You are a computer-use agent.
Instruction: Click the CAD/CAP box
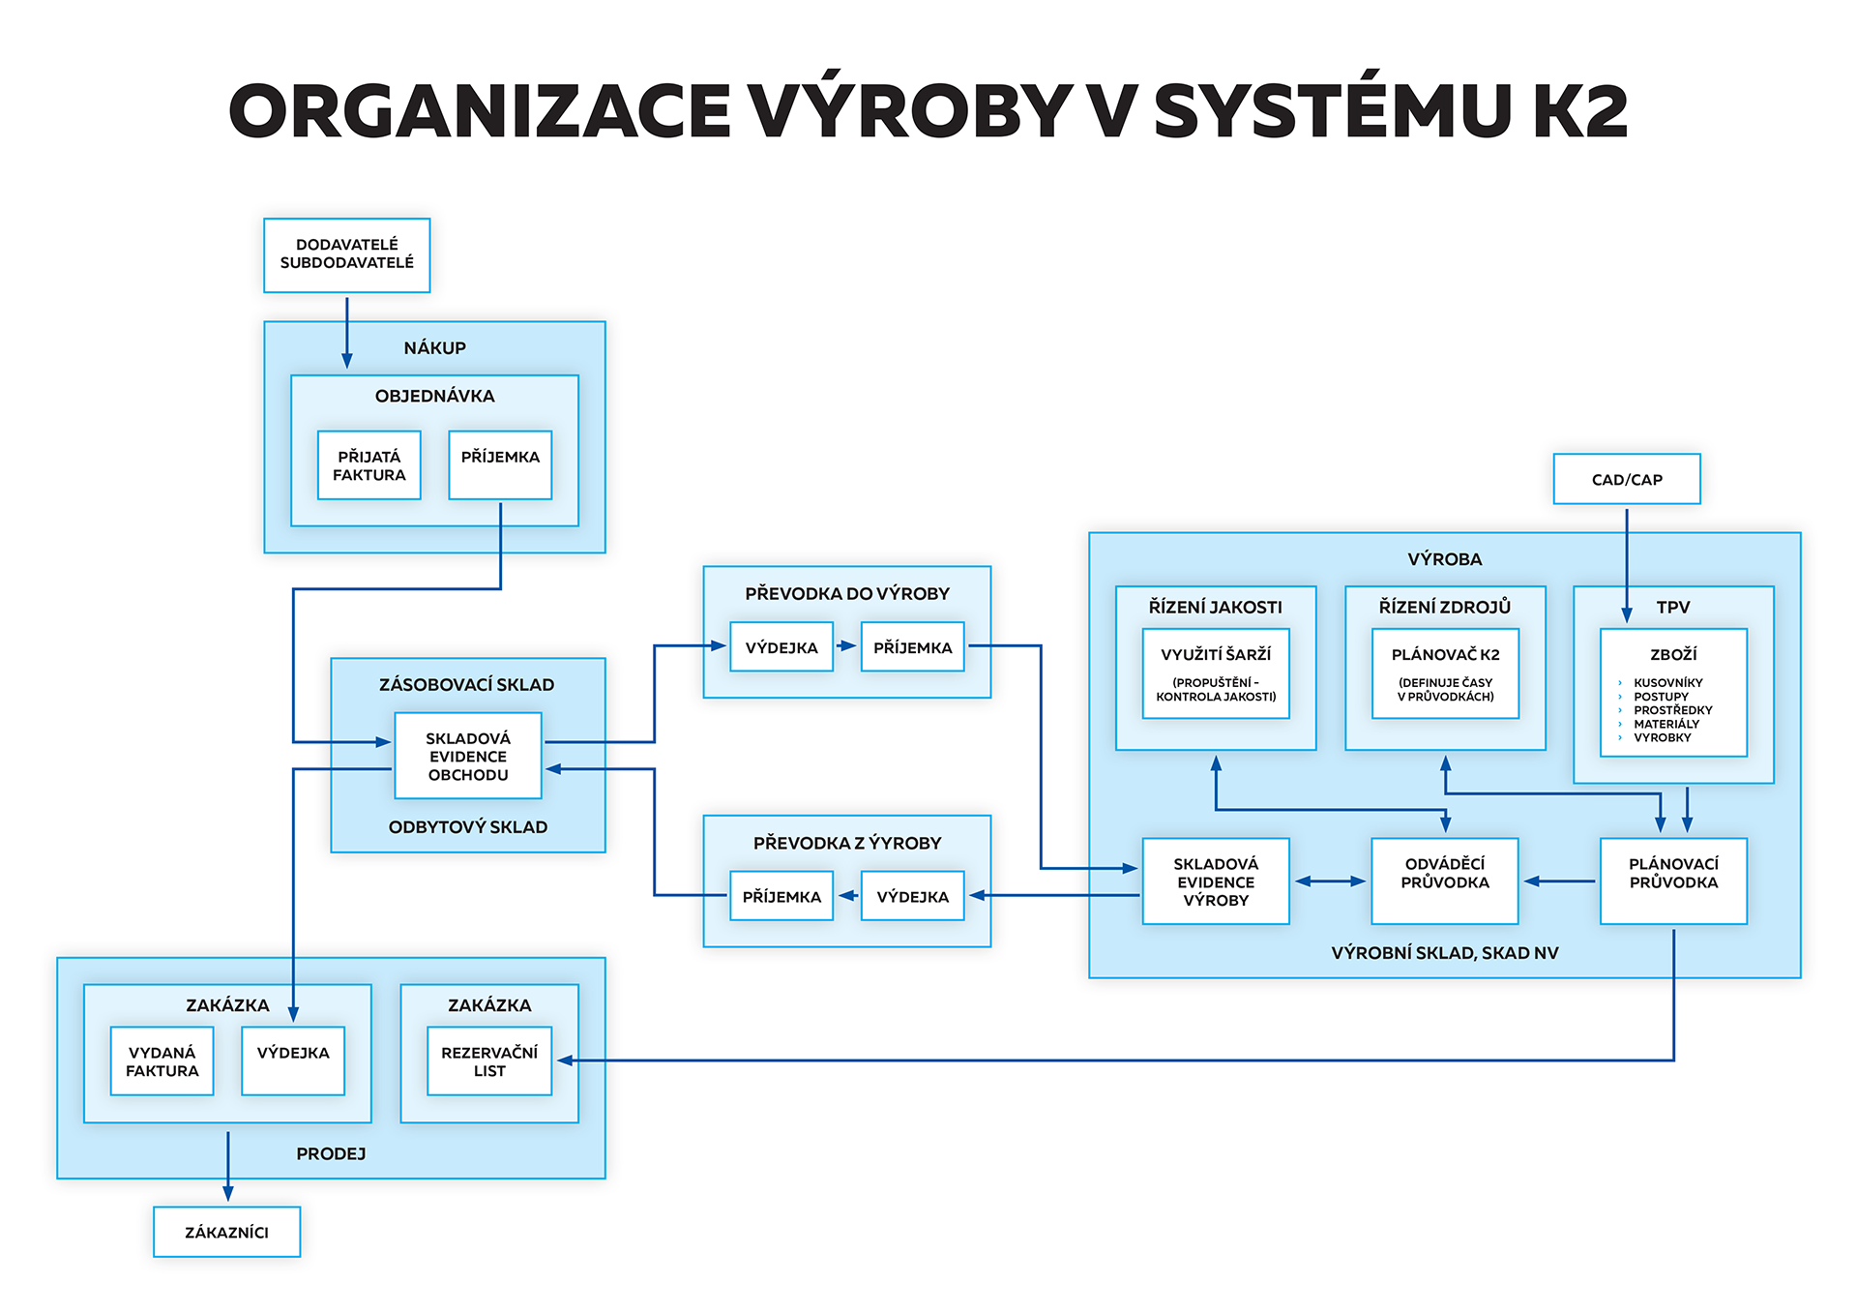[1626, 479]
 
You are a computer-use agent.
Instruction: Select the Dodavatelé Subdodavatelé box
[346, 254]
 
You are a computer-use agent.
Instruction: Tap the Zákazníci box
[226, 1232]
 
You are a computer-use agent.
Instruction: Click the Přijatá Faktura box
[368, 465]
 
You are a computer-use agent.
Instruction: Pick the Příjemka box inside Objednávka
[500, 465]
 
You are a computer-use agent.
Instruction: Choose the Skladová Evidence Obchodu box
[468, 756]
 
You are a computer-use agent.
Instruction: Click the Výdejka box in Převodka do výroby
[781, 647]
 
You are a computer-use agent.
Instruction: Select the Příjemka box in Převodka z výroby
[781, 896]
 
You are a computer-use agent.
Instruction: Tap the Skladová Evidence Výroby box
[1216, 881]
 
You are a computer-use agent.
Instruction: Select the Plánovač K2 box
[1445, 673]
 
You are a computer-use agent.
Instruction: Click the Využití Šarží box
[1216, 673]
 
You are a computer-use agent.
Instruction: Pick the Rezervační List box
[489, 1061]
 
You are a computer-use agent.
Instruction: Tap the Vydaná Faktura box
[162, 1061]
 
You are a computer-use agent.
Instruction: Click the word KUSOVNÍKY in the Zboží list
[1668, 683]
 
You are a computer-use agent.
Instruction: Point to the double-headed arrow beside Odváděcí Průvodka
[1330, 881]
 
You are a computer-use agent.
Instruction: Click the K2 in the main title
[1580, 111]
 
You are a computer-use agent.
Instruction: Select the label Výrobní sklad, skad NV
[1444, 953]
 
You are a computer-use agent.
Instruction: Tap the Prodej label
[331, 1153]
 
